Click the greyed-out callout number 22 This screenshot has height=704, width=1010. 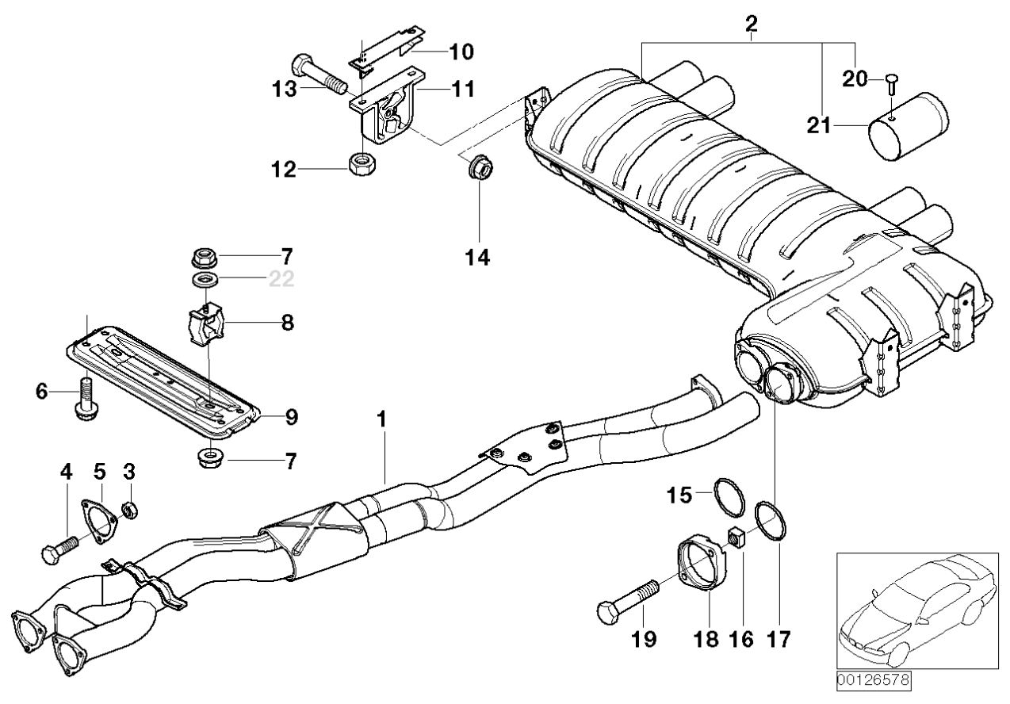[281, 279]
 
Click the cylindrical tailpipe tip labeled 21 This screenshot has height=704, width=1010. [908, 127]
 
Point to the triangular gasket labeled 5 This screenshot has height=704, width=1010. [99, 521]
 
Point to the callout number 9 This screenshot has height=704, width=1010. [292, 417]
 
